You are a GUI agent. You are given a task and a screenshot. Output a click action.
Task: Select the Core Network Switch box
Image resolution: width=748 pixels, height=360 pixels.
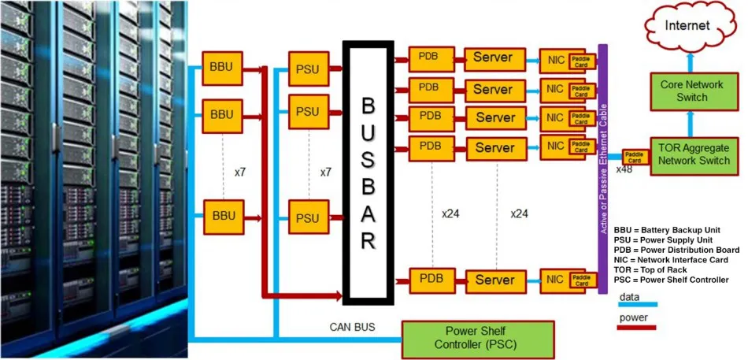point(681,91)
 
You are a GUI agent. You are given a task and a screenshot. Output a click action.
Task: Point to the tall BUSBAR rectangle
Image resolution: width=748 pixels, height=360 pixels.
point(368,173)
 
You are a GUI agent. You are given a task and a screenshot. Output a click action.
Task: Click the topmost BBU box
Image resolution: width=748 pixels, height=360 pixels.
point(222,65)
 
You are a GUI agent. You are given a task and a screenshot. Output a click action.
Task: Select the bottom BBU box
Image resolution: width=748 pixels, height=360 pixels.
point(223,215)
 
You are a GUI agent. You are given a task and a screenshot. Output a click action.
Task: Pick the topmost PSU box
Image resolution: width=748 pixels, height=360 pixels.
point(309,69)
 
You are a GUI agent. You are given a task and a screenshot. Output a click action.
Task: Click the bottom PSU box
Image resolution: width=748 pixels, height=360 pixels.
point(309,217)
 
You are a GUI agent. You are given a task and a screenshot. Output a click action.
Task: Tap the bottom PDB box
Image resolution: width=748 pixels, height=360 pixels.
point(431,279)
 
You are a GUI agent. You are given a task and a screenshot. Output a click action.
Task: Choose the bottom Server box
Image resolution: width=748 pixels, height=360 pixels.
point(495,280)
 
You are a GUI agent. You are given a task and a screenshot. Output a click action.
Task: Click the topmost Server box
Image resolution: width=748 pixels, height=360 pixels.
point(493,58)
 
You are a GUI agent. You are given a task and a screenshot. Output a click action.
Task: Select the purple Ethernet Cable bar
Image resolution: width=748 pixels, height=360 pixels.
point(602,169)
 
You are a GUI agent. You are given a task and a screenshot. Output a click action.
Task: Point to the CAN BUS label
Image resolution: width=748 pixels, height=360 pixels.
point(353,325)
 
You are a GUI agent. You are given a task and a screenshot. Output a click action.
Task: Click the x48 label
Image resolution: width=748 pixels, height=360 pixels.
point(624,169)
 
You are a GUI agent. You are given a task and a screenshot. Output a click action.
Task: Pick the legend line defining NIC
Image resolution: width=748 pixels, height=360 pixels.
point(671,259)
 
